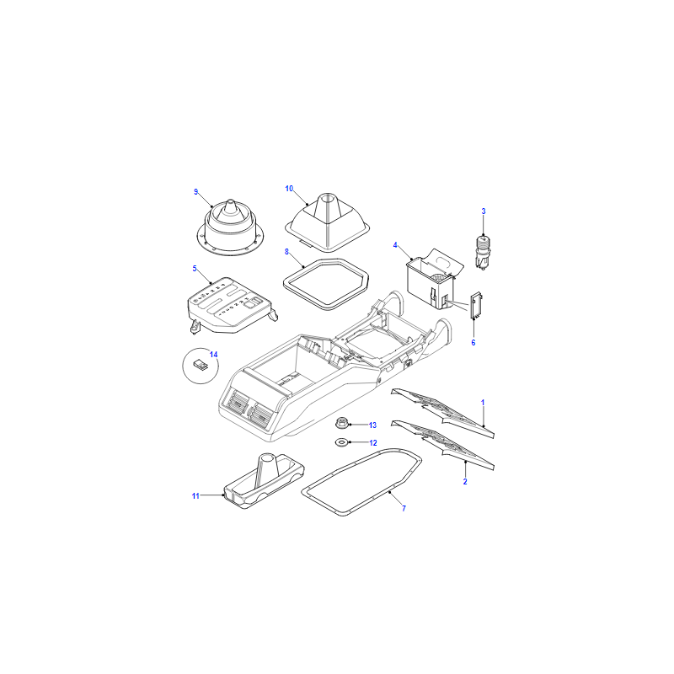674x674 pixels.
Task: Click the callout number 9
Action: (196, 192)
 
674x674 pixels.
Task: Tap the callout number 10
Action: (289, 189)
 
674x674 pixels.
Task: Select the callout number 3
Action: (484, 211)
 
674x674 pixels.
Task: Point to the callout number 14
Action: (214, 355)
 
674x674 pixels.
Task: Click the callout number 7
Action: (404, 509)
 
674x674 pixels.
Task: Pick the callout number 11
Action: (195, 496)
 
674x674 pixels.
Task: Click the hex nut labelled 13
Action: (341, 423)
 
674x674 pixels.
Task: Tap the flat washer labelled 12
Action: (341, 441)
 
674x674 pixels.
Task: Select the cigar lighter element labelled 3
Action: (483, 254)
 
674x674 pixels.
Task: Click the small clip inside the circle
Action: (201, 365)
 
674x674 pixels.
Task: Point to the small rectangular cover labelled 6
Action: (476, 306)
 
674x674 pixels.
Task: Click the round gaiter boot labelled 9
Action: (230, 229)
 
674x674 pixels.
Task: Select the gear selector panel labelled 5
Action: (232, 306)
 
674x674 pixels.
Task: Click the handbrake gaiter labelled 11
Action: (264, 481)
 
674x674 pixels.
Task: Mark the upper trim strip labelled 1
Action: (442, 412)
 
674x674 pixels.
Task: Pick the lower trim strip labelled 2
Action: (442, 445)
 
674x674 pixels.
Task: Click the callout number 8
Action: (286, 252)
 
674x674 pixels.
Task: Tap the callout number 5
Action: (195, 269)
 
